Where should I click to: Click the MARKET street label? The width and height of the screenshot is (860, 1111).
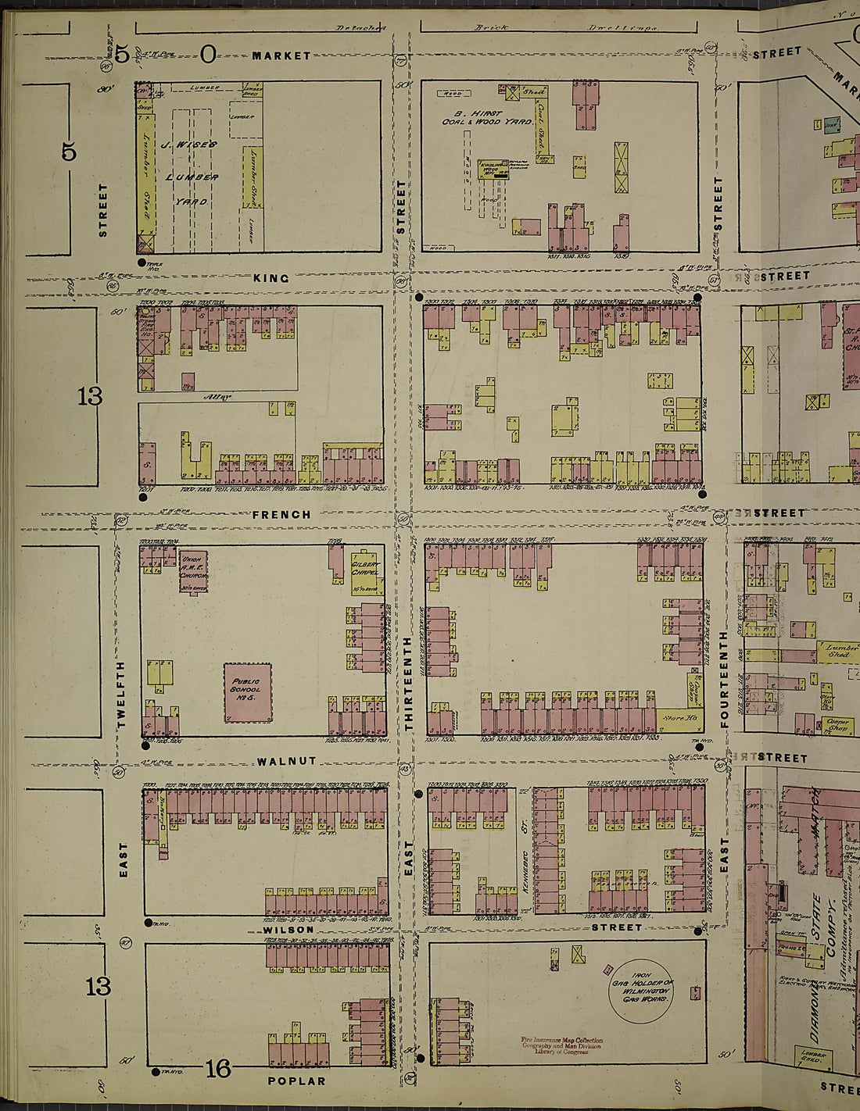[281, 55]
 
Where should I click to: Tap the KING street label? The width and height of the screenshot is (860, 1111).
[271, 278]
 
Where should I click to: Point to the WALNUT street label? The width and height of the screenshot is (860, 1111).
[287, 761]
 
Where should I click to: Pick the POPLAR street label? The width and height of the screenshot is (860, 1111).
[296, 1081]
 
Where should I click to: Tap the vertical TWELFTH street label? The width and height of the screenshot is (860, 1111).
[121, 695]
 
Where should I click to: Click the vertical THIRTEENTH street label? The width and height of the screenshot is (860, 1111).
[409, 683]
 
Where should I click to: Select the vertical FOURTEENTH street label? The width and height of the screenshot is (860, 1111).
[724, 680]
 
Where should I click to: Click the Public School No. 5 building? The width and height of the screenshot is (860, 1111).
[249, 692]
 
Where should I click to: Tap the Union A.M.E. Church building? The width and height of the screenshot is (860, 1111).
[193, 571]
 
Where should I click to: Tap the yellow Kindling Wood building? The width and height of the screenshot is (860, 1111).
[492, 168]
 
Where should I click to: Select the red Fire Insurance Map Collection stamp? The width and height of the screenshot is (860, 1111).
[561, 1045]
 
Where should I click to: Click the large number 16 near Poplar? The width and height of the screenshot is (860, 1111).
[218, 1069]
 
